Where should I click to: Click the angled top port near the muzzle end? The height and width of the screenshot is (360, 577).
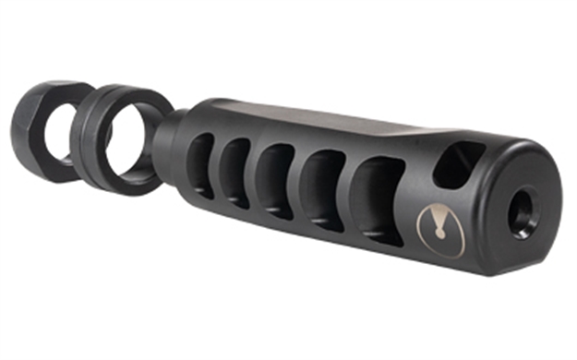point(459,164)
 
